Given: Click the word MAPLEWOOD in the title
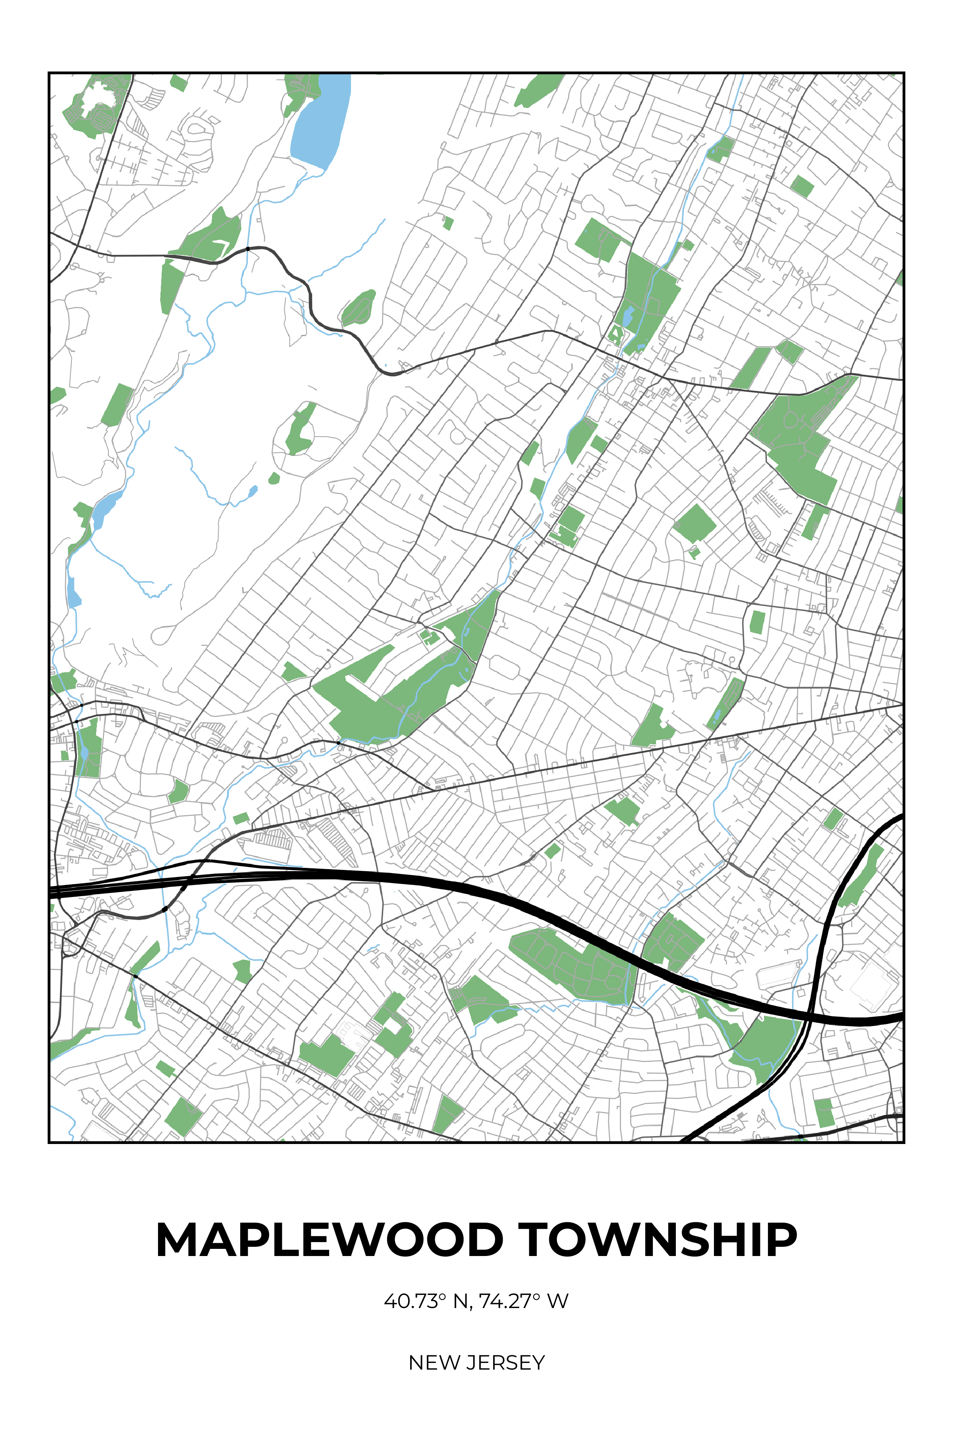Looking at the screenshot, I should click(x=329, y=1240).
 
